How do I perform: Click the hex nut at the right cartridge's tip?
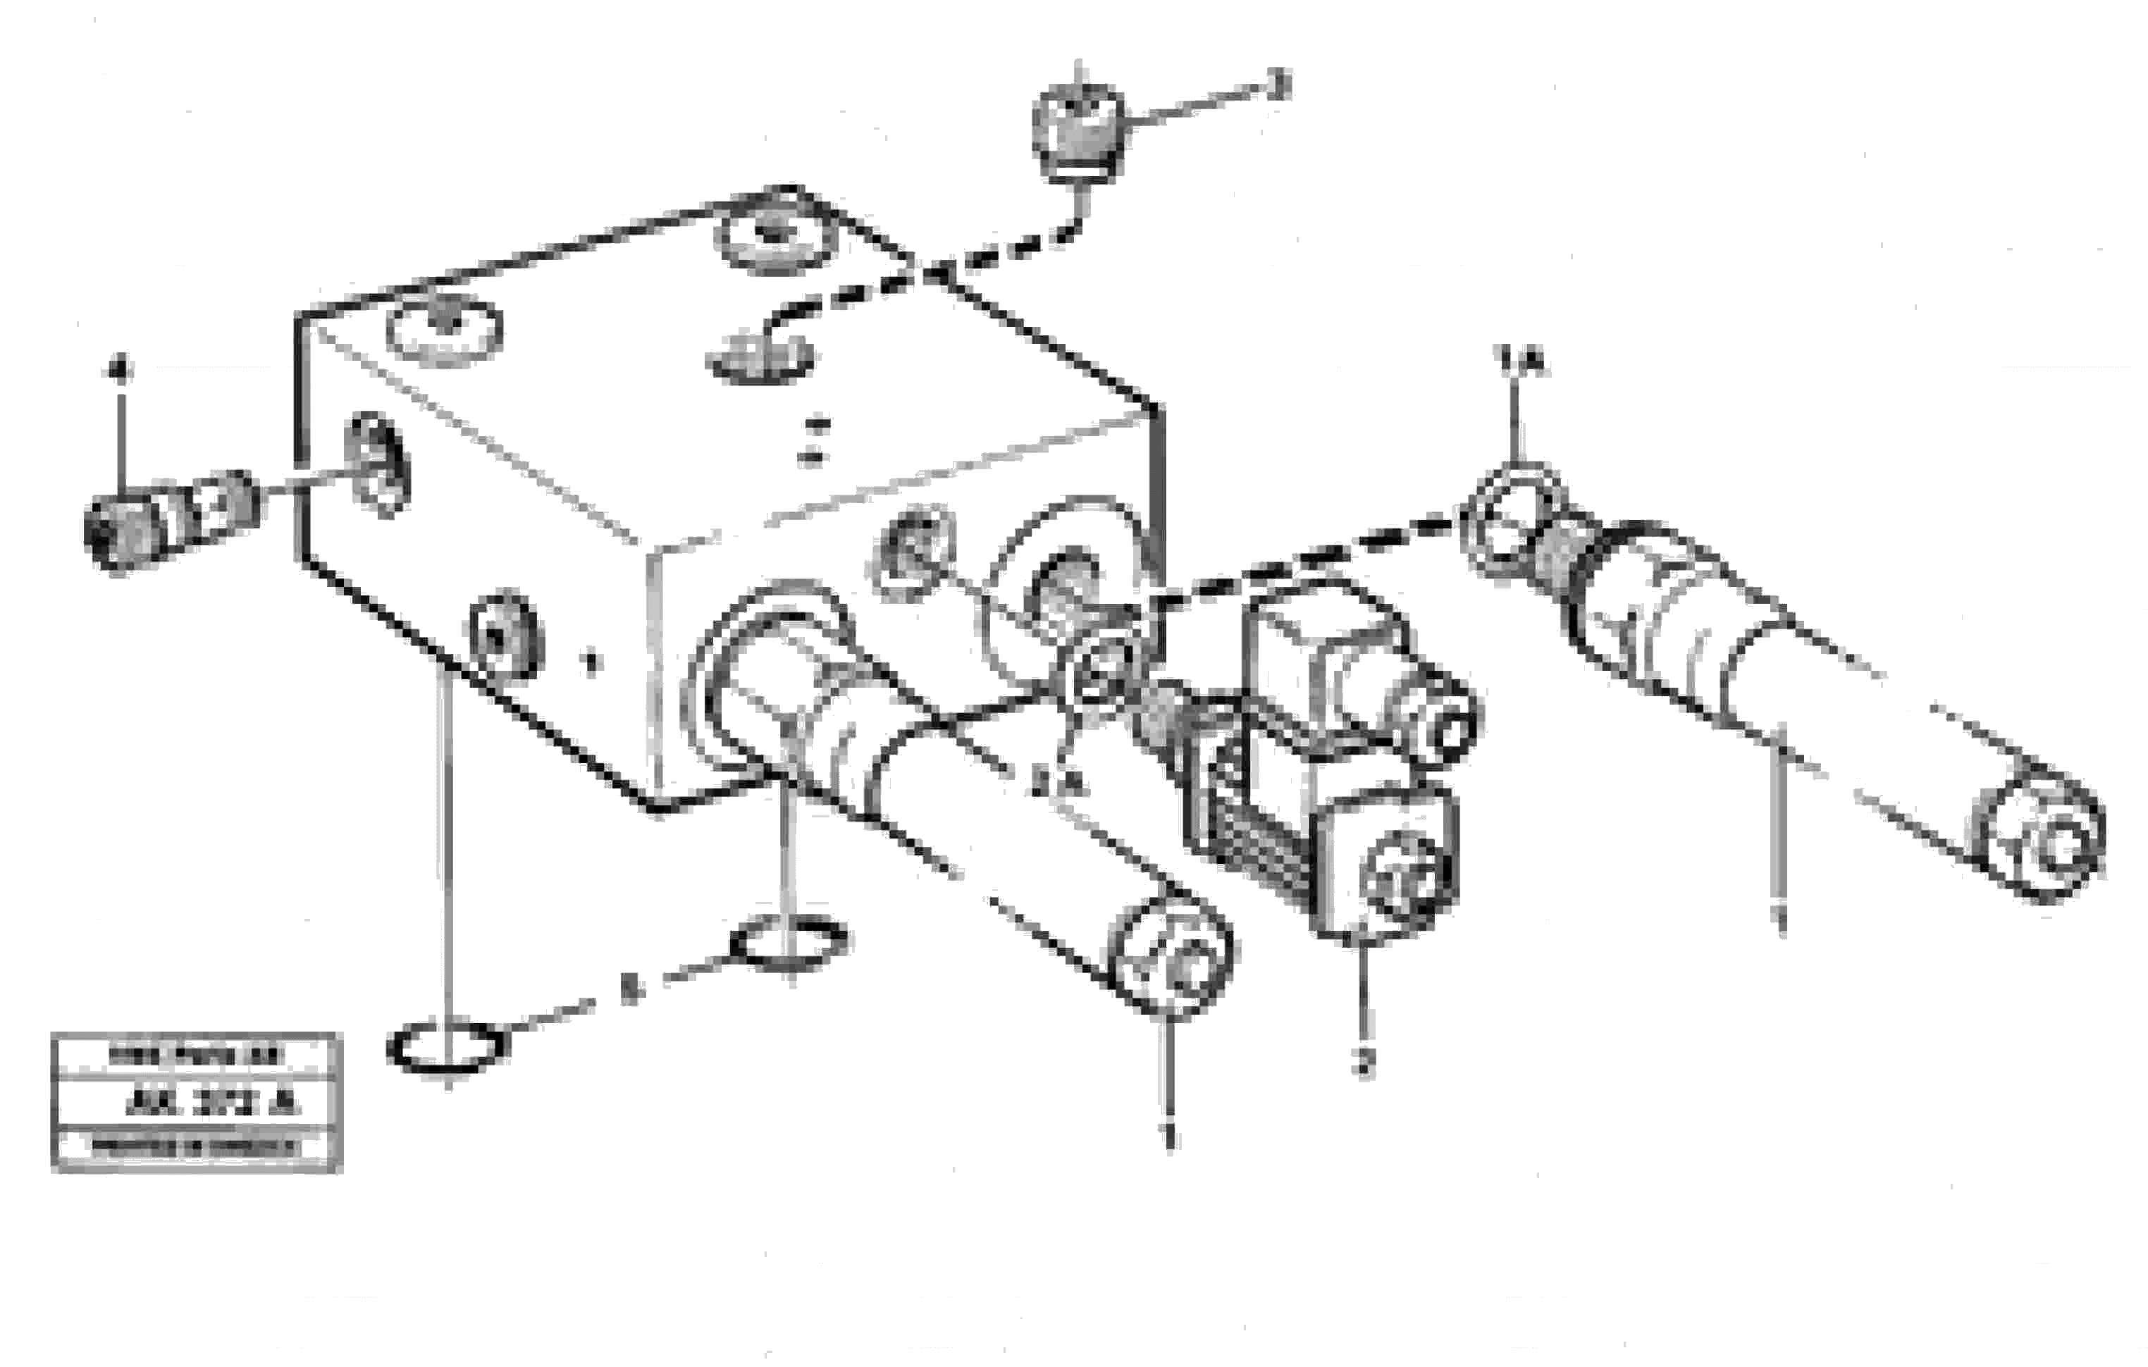[x=1514, y=519]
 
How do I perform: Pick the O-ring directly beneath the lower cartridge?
[x=789, y=941]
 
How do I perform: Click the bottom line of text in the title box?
[x=195, y=1148]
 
